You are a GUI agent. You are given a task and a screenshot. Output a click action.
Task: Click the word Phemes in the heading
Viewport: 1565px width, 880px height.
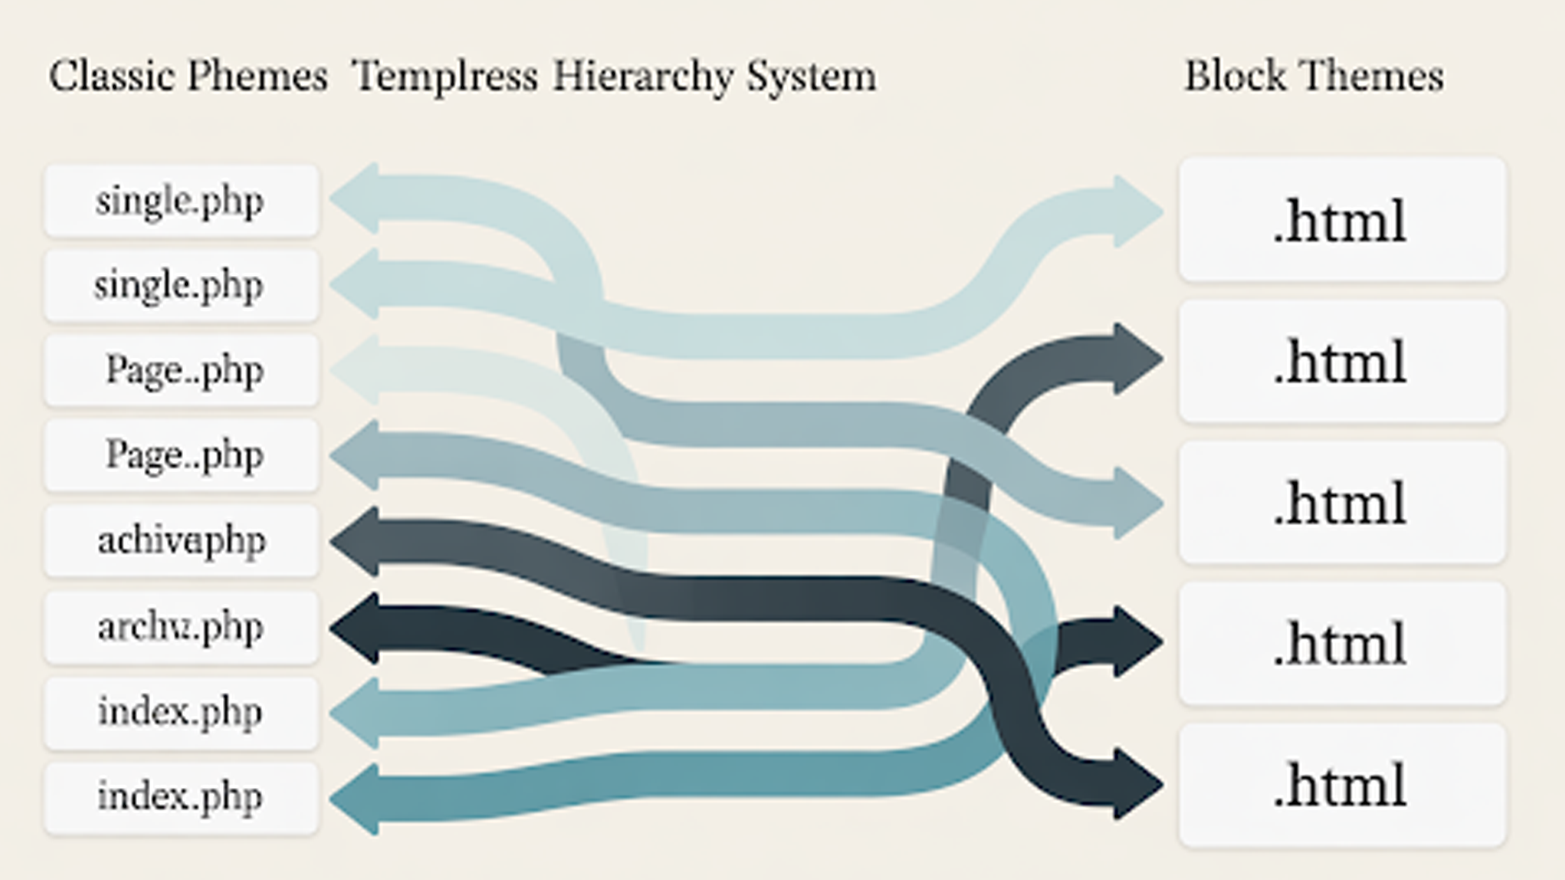click(x=258, y=76)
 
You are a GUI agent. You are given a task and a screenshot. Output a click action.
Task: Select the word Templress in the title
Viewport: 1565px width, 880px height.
click(x=445, y=76)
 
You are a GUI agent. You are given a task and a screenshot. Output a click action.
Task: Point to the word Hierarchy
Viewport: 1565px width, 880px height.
click(x=643, y=76)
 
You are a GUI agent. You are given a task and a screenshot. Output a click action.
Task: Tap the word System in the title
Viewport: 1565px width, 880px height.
click(x=811, y=76)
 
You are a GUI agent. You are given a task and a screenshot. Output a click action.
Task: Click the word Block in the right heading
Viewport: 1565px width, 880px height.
click(x=1235, y=76)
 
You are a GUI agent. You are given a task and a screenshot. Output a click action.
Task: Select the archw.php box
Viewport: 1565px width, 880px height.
click(x=182, y=627)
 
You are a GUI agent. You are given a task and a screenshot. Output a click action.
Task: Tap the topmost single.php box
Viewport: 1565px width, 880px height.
click(x=182, y=201)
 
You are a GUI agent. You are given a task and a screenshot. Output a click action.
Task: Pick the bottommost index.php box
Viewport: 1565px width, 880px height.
click(x=182, y=797)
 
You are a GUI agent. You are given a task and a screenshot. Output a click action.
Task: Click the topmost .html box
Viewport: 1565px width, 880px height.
click(x=1341, y=221)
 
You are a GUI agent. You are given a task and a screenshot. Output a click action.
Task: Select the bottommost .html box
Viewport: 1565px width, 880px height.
click(x=1341, y=785)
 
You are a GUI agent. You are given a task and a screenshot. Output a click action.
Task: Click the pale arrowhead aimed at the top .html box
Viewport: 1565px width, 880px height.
click(x=1135, y=211)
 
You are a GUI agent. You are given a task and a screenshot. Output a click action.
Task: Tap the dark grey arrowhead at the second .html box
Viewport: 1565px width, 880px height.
click(x=1135, y=359)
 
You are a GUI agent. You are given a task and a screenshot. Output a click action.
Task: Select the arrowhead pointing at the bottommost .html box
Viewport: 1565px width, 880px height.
click(x=1135, y=784)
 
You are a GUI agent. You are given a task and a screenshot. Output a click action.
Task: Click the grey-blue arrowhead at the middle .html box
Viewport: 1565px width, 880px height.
click(x=1135, y=503)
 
